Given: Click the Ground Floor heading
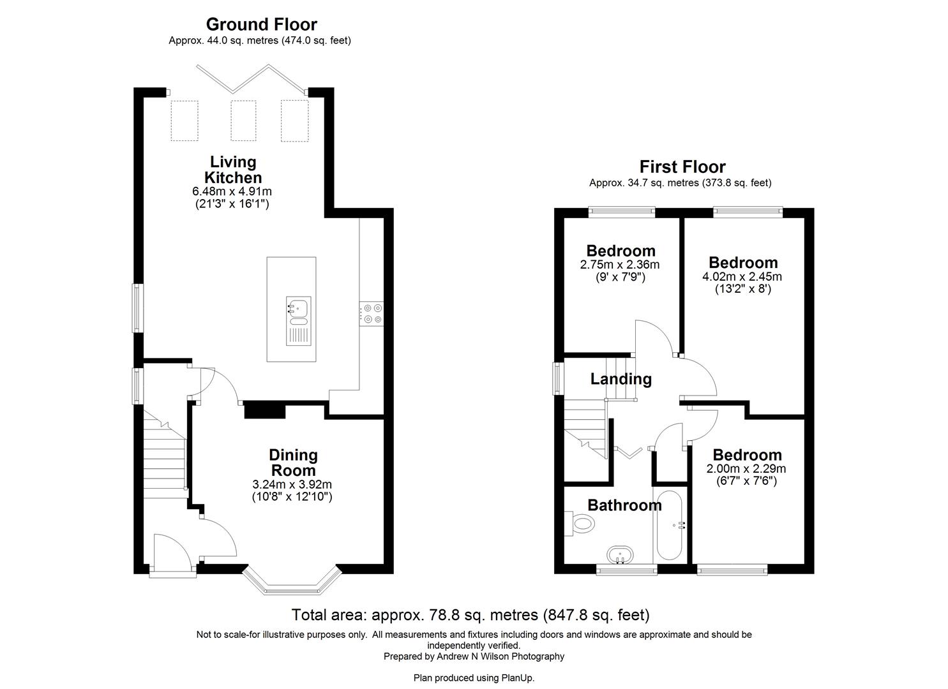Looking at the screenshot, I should click(x=261, y=24).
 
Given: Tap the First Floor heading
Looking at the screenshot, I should click(x=682, y=167).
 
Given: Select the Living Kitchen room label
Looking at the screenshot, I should click(x=233, y=170).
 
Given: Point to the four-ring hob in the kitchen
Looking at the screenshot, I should click(x=372, y=313).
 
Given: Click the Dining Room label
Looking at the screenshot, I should click(x=293, y=463).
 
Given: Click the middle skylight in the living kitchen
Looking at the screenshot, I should click(x=243, y=121).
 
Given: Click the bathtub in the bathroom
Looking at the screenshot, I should click(x=669, y=525).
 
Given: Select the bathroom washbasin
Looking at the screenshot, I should click(x=619, y=555).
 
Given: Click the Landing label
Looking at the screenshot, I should click(x=621, y=379).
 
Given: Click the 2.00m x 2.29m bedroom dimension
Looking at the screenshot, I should click(x=746, y=468).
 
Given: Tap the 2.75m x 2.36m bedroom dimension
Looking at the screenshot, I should click(x=619, y=264).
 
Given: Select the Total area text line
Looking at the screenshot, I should click(x=470, y=615).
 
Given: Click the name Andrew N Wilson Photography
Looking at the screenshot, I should click(x=501, y=656).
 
